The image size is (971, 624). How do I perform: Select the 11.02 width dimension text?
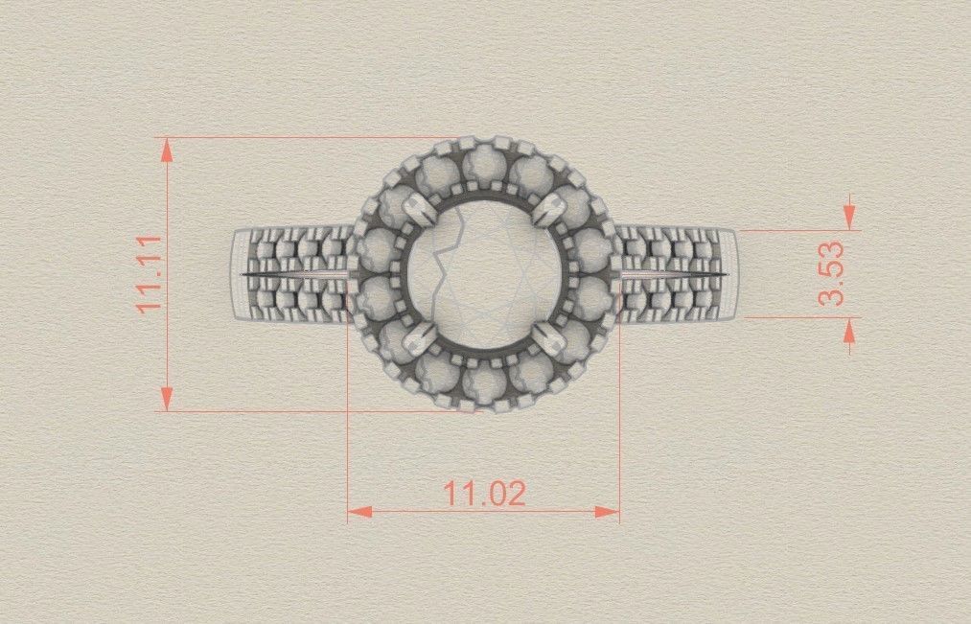click(484, 494)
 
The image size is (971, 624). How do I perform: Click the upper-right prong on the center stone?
click(549, 207)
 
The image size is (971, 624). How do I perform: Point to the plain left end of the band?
click(239, 274)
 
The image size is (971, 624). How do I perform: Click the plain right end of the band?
click(730, 274)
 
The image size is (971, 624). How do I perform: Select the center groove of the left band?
click(292, 275)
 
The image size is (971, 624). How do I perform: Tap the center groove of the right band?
click(671, 275)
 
